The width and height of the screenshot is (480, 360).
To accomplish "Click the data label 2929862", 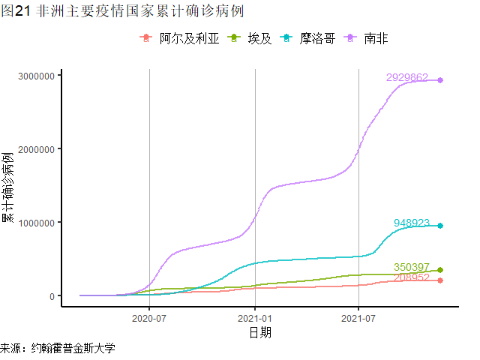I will [x=407, y=77].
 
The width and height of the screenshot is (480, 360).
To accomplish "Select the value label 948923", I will [x=412, y=223].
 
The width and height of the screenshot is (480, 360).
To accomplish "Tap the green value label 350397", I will [x=412, y=267].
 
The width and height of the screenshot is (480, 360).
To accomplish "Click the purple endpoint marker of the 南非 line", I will [x=440, y=80].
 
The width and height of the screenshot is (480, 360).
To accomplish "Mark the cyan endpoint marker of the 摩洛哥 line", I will [x=440, y=226].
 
